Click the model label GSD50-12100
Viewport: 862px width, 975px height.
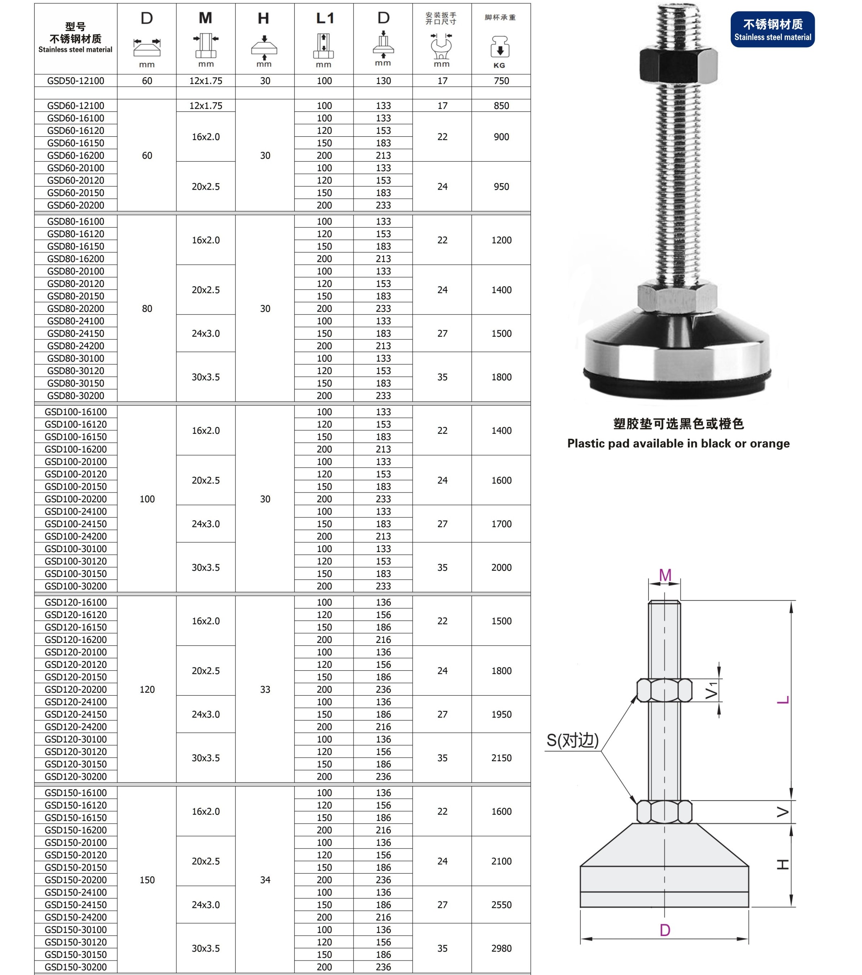[x=75, y=81]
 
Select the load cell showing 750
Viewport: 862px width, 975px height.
[x=501, y=81]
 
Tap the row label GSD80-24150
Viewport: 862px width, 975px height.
[x=75, y=334]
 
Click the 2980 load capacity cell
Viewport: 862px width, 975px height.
[x=501, y=948]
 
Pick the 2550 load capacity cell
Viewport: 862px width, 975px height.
[x=501, y=905]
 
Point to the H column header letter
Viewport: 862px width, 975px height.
[x=263, y=19]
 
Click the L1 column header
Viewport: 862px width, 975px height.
[x=324, y=19]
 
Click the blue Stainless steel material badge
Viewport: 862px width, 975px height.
[x=772, y=30]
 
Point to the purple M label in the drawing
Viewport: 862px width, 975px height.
[x=665, y=575]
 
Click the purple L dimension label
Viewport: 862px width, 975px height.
[x=783, y=700]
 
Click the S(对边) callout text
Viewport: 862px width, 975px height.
[x=572, y=740]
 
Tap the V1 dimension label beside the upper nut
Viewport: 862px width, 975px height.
[x=711, y=690]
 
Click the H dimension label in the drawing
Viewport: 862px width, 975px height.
[x=782, y=865]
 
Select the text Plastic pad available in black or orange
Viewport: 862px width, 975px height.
[x=678, y=444]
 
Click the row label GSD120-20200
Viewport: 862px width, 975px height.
[x=75, y=689]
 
